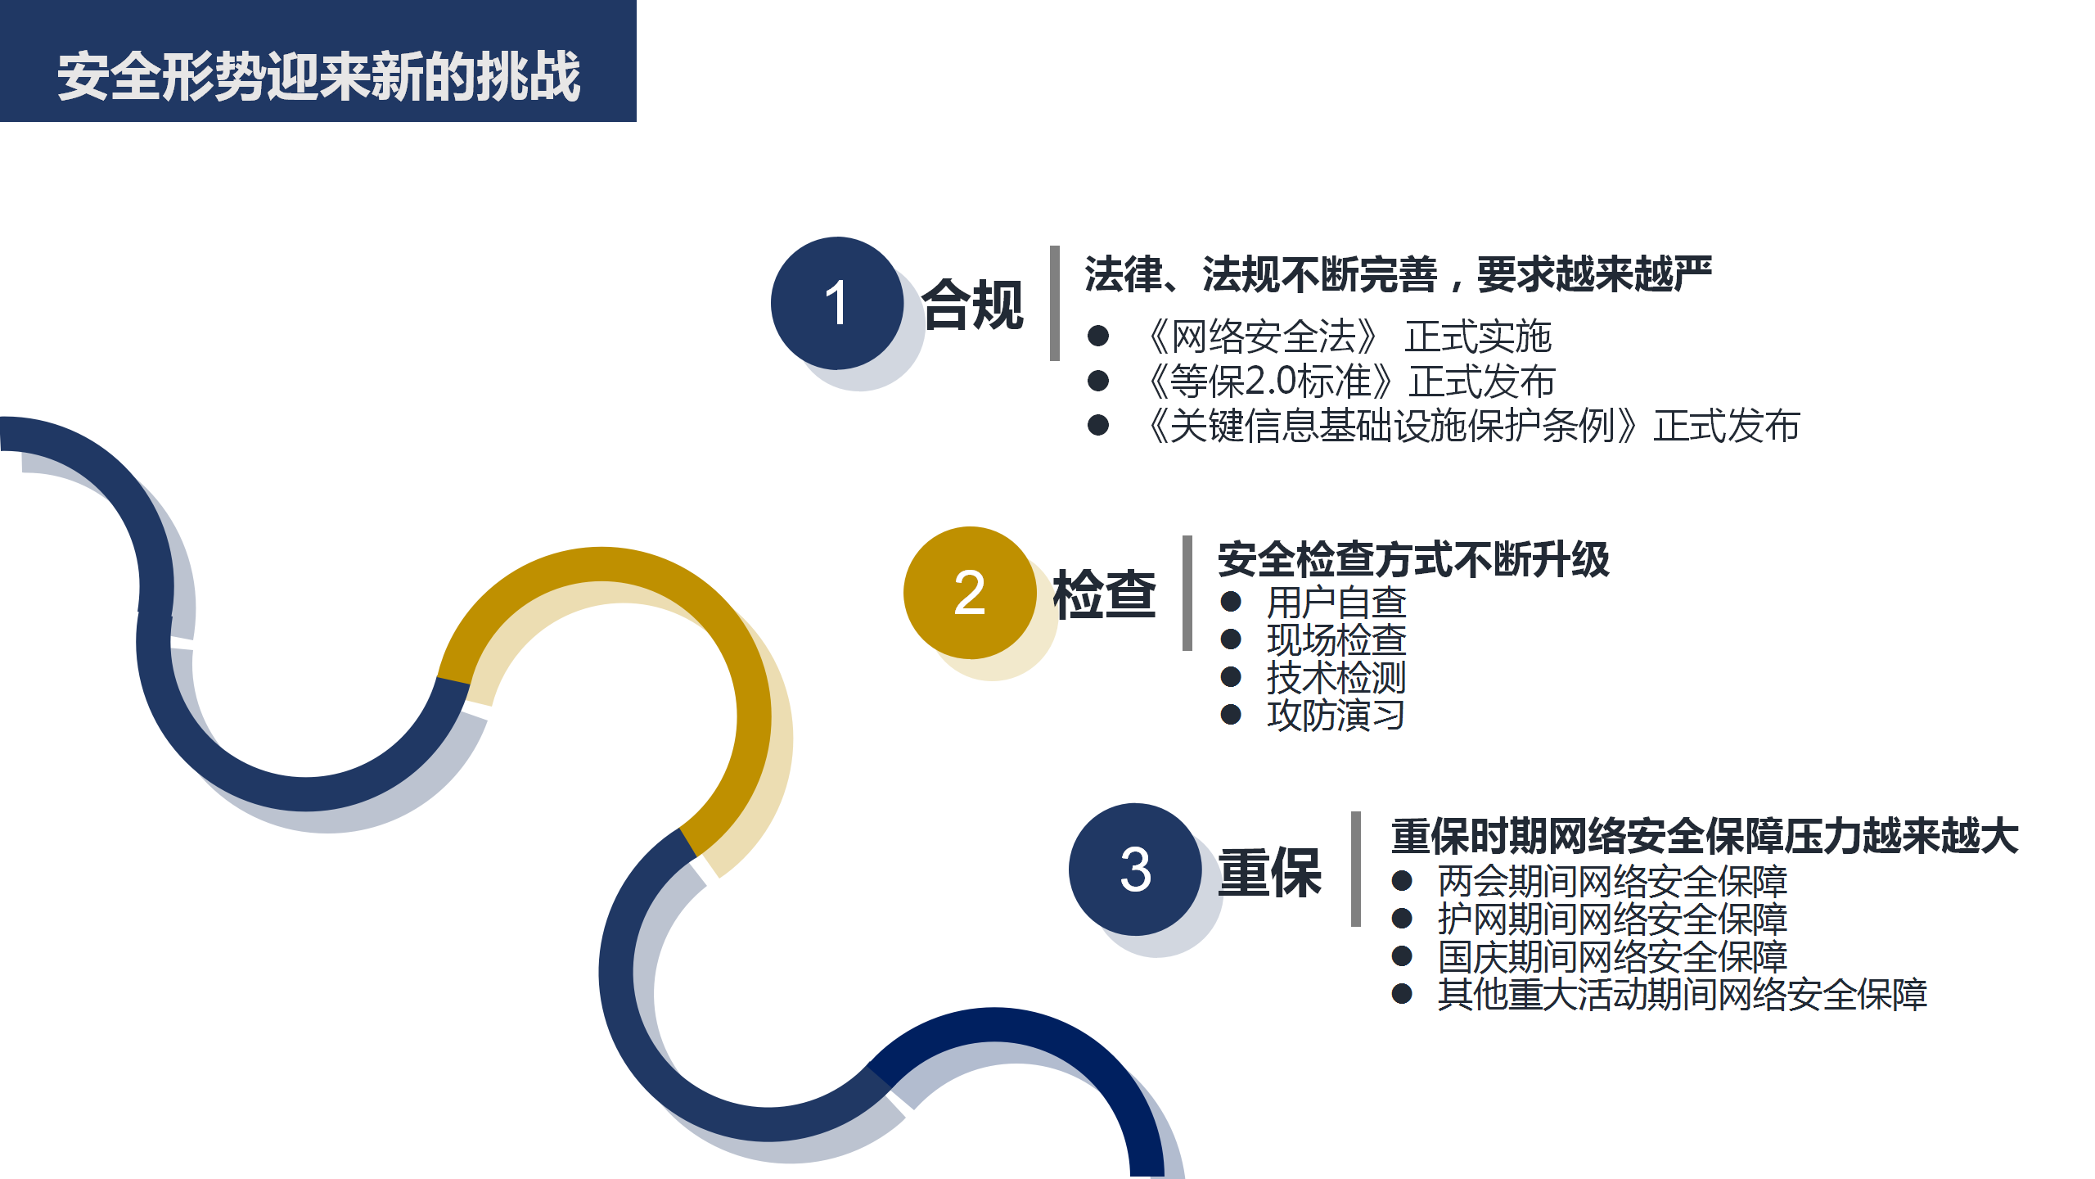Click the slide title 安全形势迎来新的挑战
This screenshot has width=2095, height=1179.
pyautogui.click(x=318, y=76)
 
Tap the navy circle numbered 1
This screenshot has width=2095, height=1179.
pyautogui.click(x=836, y=303)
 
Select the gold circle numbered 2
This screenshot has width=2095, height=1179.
pyautogui.click(x=970, y=592)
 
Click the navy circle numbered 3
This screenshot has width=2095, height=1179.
pyautogui.click(x=1135, y=869)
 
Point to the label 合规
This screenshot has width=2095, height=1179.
pyautogui.click(x=973, y=305)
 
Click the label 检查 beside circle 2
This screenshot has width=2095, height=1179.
pyautogui.click(x=1105, y=594)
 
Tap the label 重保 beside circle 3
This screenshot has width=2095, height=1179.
pyautogui.click(x=1270, y=872)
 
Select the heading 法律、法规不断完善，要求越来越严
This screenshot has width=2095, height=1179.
pyautogui.click(x=1398, y=273)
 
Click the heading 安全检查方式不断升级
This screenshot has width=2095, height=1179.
pyautogui.click(x=1413, y=560)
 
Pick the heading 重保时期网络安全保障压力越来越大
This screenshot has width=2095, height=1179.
pyautogui.click(x=1705, y=836)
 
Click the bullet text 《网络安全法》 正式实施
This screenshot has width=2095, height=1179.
pyautogui.click(x=1348, y=336)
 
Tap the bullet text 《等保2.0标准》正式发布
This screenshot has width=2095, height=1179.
pyautogui.click(x=1350, y=381)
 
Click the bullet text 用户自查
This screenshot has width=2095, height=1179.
pyautogui.click(x=1336, y=603)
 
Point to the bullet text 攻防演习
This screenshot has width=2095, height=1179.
pyautogui.click(x=1336, y=715)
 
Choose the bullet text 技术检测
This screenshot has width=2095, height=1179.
pyautogui.click(x=1336, y=677)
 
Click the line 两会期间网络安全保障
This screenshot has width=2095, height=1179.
pyautogui.click(x=1612, y=881)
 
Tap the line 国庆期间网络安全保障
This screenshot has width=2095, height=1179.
pyautogui.click(x=1612, y=956)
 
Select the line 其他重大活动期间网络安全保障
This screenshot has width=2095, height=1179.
pyautogui.click(x=1683, y=994)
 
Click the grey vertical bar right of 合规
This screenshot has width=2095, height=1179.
pyautogui.click(x=1055, y=303)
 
